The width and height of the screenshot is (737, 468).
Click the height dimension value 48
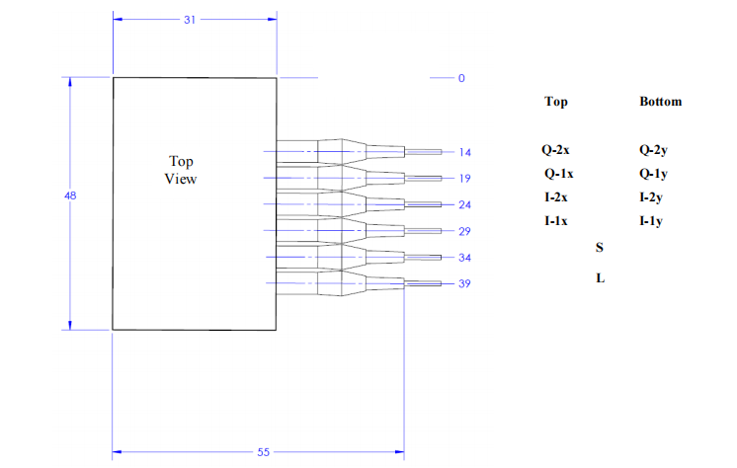point(70,196)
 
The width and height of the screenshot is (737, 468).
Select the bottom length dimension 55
point(264,451)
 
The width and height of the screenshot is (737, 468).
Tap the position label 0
point(460,78)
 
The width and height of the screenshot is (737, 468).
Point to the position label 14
point(464,152)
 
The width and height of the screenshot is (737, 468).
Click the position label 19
point(464,179)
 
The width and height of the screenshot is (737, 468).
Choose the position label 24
point(464,204)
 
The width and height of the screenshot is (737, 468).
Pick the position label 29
point(464,231)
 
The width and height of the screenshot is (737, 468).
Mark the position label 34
point(464,258)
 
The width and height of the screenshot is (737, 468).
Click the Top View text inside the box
point(181,170)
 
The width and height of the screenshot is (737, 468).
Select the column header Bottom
point(660,102)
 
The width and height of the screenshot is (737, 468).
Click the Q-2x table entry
point(555,151)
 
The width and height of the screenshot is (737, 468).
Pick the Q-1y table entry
point(654,174)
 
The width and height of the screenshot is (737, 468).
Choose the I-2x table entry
point(555,197)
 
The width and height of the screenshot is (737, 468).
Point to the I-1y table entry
point(650,220)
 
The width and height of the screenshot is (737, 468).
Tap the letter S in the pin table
point(600,247)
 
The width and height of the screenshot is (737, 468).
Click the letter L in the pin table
point(600,278)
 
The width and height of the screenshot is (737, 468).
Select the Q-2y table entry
point(654,151)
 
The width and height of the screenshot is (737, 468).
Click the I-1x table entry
point(555,220)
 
